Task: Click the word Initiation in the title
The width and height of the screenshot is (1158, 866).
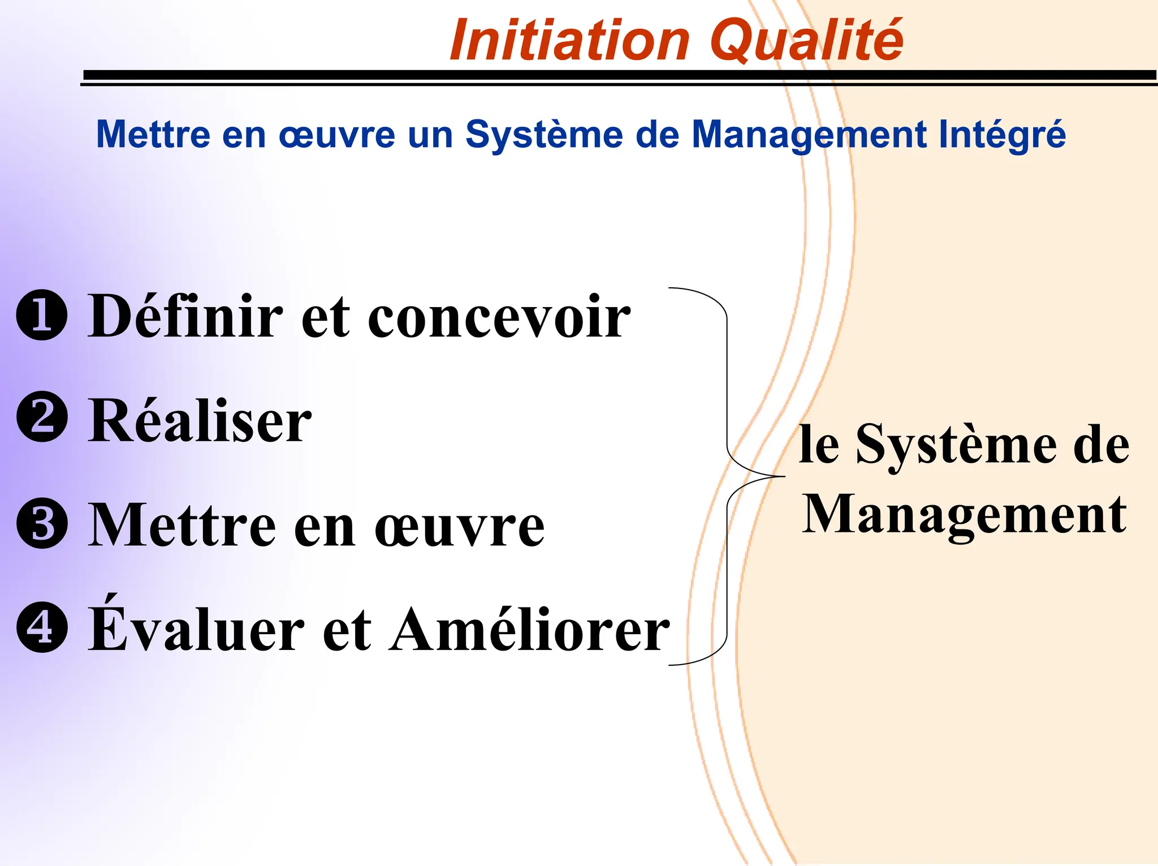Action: (x=570, y=41)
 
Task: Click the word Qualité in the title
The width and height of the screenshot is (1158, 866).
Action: (x=807, y=41)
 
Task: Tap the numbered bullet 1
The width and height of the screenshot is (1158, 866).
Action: (x=42, y=315)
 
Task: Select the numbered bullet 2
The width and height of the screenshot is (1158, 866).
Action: (x=42, y=417)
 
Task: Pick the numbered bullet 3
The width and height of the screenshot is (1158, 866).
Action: (x=42, y=523)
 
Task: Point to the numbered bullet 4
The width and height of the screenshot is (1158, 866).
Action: (x=42, y=627)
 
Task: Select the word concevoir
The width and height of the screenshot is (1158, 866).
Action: (x=499, y=318)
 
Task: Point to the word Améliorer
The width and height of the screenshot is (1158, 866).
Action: (x=530, y=629)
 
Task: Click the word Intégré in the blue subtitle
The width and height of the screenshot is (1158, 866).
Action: (x=1002, y=135)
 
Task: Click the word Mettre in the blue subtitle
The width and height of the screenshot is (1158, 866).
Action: (x=153, y=135)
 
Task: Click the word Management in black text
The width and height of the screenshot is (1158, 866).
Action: (x=965, y=515)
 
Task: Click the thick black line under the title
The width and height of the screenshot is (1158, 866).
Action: (x=619, y=75)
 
